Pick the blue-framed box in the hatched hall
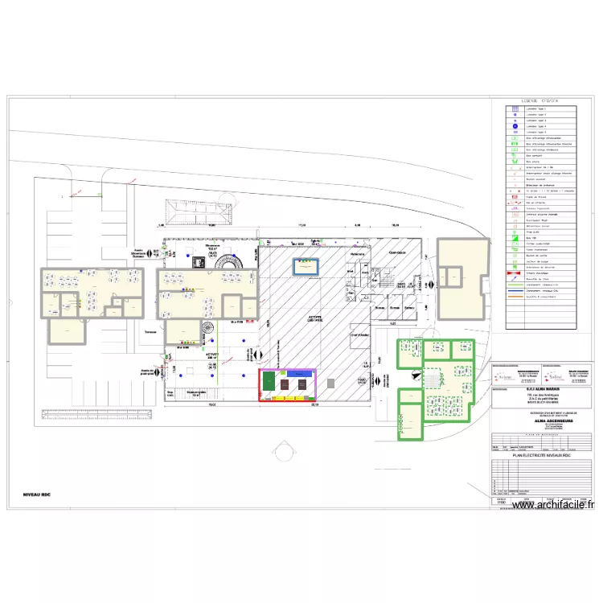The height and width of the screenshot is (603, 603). click(306, 266)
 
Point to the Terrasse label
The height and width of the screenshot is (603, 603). click(150, 331)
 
